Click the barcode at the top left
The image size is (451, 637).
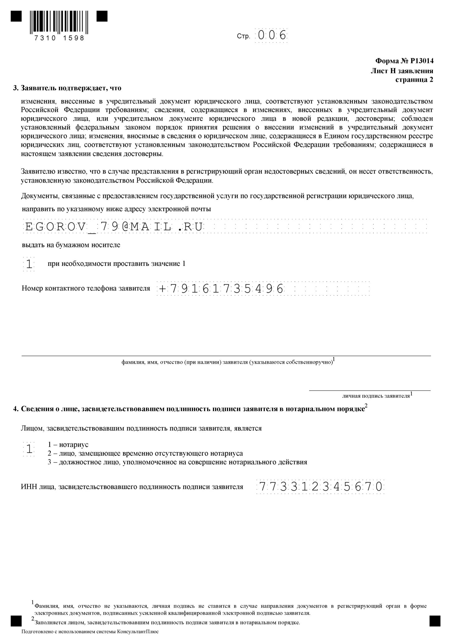(59, 22)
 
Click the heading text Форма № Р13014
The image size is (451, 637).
(404, 61)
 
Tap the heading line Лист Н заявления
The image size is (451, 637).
(401, 71)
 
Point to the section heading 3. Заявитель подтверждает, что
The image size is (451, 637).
(67, 88)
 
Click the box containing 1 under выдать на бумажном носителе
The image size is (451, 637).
(29, 264)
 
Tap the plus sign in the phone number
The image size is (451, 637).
(162, 289)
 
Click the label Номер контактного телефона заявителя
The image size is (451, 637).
(86, 288)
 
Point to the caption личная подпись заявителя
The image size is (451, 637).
(376, 396)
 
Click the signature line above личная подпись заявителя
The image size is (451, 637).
(370, 390)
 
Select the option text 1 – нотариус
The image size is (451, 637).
(68, 445)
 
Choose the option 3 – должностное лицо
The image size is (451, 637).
(177, 462)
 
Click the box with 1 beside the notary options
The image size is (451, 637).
(29, 449)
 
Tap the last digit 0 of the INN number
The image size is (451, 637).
(379, 486)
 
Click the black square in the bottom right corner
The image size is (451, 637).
(435, 621)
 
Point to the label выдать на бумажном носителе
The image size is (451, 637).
(71, 245)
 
